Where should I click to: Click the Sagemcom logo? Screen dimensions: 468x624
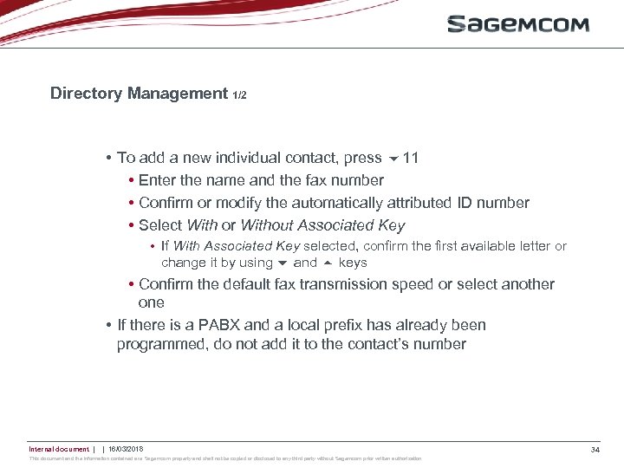pos(517,23)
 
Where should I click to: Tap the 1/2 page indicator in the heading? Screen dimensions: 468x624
pos(239,95)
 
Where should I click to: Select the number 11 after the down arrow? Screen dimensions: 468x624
pos(411,158)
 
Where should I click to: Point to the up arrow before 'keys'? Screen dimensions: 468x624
pos(328,263)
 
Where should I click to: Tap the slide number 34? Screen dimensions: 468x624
pos(595,449)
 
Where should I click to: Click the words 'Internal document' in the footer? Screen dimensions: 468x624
pos(59,449)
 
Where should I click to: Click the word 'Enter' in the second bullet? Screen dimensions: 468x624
pos(157,180)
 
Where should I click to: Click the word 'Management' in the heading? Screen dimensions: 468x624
pos(177,94)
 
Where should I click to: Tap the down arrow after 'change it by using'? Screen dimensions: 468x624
pos(283,263)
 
